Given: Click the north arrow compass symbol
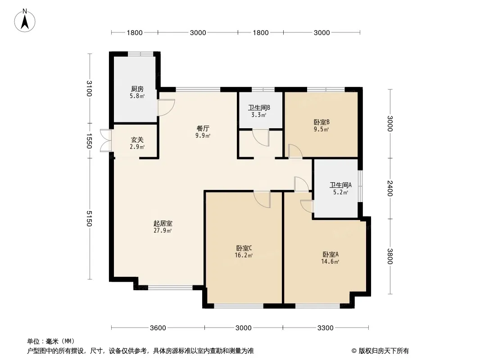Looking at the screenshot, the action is point(25,21).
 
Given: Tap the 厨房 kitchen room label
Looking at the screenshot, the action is point(137,89).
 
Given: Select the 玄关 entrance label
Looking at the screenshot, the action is point(137,140).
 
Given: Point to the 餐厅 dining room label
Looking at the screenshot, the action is point(203,128).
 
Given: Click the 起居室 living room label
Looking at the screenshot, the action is point(163,224).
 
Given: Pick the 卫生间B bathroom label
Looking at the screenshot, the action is point(259,108).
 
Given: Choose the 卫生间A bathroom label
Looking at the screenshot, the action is point(340,185).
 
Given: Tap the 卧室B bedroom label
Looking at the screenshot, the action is point(322,122).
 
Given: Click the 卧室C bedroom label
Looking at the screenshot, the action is point(244,248).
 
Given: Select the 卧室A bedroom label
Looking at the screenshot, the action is point(331,255).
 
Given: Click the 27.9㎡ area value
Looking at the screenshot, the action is point(163,230).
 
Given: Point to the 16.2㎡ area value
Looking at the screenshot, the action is point(244,255).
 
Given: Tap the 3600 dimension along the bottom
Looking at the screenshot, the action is point(158,328).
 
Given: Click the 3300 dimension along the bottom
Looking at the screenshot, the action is point(325,328).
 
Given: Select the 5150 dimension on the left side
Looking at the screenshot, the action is point(89,219).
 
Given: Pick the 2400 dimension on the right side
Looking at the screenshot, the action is point(389,189).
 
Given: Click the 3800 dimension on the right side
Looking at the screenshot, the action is point(389,256).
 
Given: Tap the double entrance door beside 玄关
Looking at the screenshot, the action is point(106,141).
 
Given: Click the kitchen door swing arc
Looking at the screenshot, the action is point(166,108).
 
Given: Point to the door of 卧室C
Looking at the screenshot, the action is point(262,199).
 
